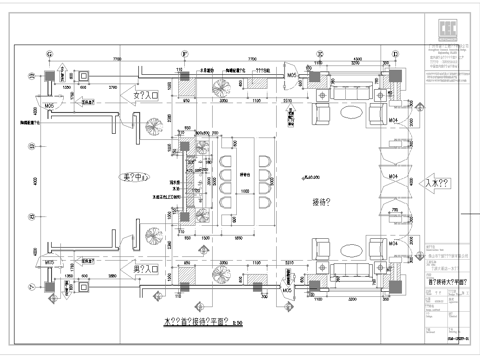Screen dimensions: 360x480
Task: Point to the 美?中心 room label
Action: pyautogui.click(x=134, y=179)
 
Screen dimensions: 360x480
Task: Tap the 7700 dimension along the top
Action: pyautogui.click(x=115, y=61)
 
